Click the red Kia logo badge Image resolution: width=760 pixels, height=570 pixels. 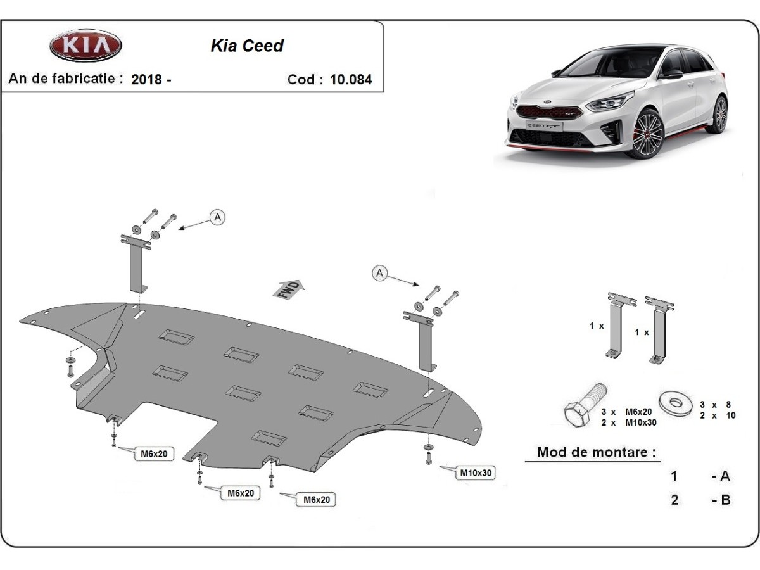point(85,46)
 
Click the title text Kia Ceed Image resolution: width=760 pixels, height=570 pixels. point(246,46)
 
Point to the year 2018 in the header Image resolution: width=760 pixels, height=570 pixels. point(146,80)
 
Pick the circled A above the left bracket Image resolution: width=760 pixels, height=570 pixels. point(217,217)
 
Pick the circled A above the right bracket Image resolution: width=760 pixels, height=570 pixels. point(379,273)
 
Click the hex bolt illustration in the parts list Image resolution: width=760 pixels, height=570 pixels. point(583,407)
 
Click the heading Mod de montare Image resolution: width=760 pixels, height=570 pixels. point(595,452)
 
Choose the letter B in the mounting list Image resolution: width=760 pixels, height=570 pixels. point(725,500)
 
